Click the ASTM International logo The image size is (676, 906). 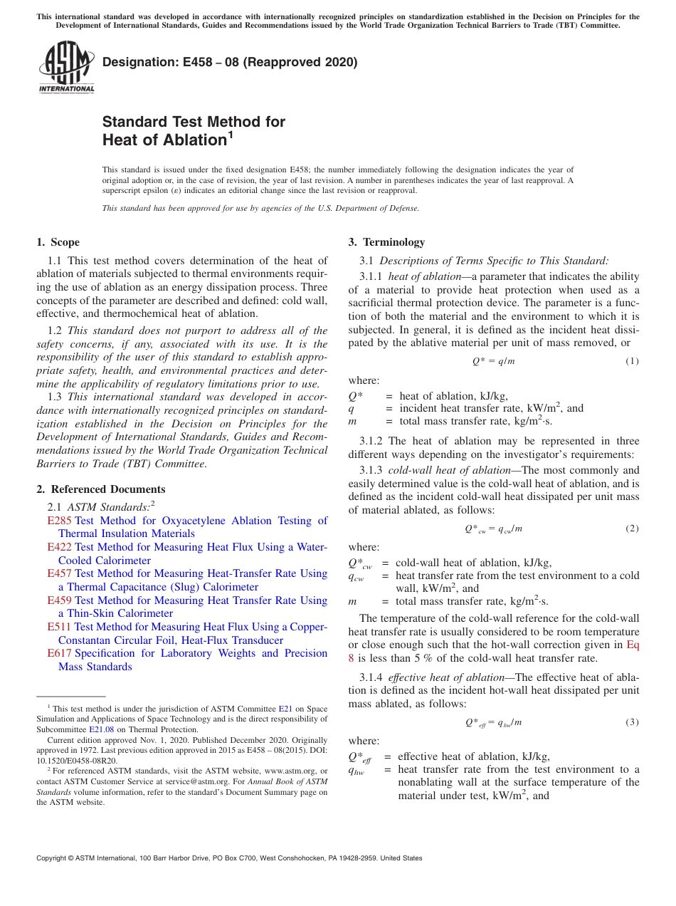66,67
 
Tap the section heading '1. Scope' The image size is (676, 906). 58,242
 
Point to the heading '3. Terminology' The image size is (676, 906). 386,242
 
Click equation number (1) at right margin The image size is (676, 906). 632,361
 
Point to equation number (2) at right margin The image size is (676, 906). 632,528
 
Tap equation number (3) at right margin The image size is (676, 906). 632,722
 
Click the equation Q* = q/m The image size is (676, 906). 493,361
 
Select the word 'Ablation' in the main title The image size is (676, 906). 188,140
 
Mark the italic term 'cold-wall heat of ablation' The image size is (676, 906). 449,470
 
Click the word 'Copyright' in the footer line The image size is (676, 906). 51,858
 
